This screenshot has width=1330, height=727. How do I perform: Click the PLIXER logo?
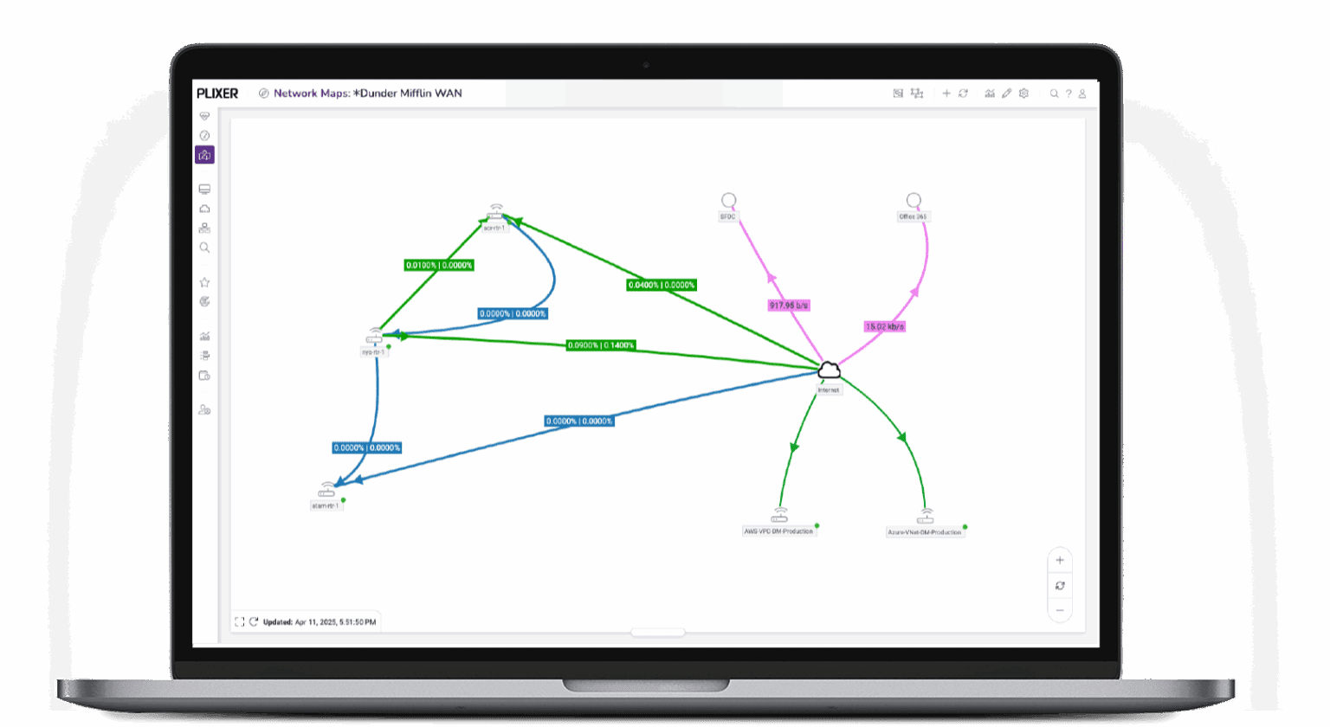217,93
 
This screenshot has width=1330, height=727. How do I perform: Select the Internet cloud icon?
829,370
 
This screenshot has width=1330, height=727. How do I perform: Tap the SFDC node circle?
729,200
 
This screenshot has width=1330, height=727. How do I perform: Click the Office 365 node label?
913,217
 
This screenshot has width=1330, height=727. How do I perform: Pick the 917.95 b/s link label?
788,306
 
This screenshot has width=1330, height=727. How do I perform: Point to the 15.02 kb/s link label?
884,326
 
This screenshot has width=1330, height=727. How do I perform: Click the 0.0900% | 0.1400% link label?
601,345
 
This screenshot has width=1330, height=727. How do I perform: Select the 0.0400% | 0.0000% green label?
662,285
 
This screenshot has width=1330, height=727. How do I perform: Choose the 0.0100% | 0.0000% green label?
439,265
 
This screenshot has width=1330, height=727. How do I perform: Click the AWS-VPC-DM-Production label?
778,531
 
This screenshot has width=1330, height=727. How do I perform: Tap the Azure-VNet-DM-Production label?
924,532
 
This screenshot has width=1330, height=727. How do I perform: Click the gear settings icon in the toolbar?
1023,93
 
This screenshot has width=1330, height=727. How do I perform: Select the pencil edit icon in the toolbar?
1006,93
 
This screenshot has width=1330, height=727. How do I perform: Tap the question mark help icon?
1069,93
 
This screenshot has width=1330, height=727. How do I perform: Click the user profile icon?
1082,93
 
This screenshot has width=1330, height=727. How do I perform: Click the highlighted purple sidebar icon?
204,155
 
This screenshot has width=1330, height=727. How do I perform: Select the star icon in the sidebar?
204,282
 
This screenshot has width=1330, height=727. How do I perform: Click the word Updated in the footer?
277,622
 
